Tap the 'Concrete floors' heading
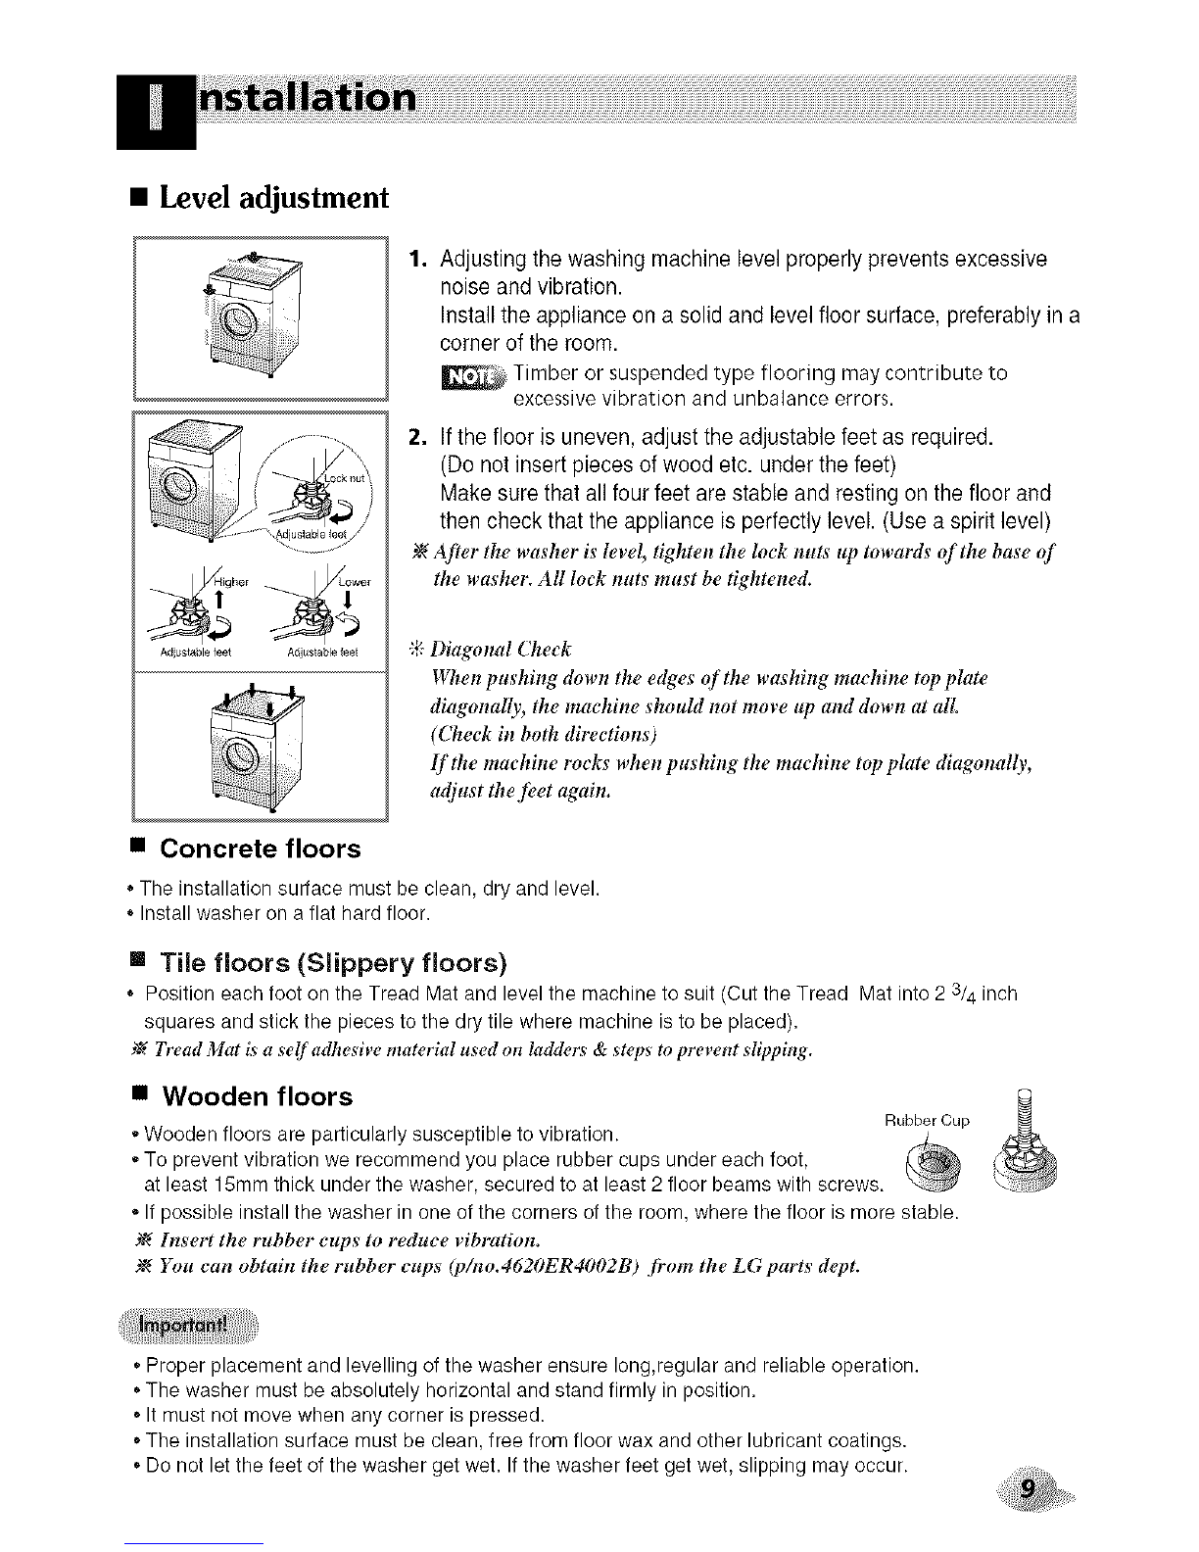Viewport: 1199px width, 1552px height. pyautogui.click(x=260, y=849)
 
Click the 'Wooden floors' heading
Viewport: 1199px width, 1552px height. pyautogui.click(x=256, y=1095)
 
